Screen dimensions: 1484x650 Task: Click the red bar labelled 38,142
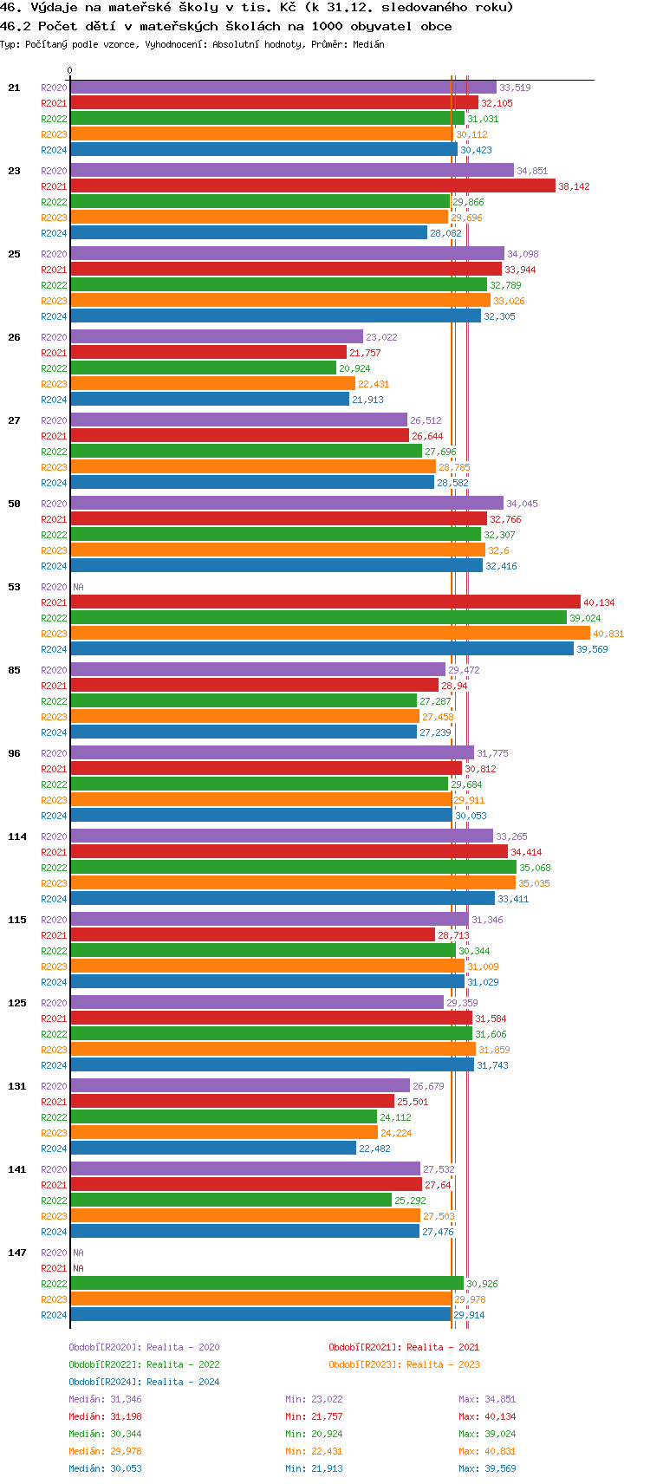(x=312, y=186)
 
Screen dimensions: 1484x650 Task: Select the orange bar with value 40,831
(x=329, y=634)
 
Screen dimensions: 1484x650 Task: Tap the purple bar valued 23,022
(x=217, y=337)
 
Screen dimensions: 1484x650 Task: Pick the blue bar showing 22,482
(x=213, y=1149)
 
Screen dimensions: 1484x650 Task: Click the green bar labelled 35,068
(x=293, y=868)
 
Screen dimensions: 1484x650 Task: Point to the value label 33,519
(x=515, y=88)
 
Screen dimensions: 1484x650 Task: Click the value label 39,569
(x=592, y=649)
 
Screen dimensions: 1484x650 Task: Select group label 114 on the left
(x=17, y=836)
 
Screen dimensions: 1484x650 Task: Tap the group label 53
(x=14, y=587)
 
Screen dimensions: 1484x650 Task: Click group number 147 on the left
(x=17, y=1253)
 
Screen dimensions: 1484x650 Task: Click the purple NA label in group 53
(x=78, y=587)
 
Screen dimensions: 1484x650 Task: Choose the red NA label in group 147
(x=78, y=1268)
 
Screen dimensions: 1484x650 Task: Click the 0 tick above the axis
(x=70, y=71)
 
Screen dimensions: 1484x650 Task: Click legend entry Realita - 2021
(x=404, y=1347)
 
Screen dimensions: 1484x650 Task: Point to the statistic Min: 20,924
(x=314, y=1434)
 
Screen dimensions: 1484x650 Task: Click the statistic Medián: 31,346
(x=105, y=1399)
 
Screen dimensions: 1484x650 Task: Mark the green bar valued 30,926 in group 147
(x=267, y=1284)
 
